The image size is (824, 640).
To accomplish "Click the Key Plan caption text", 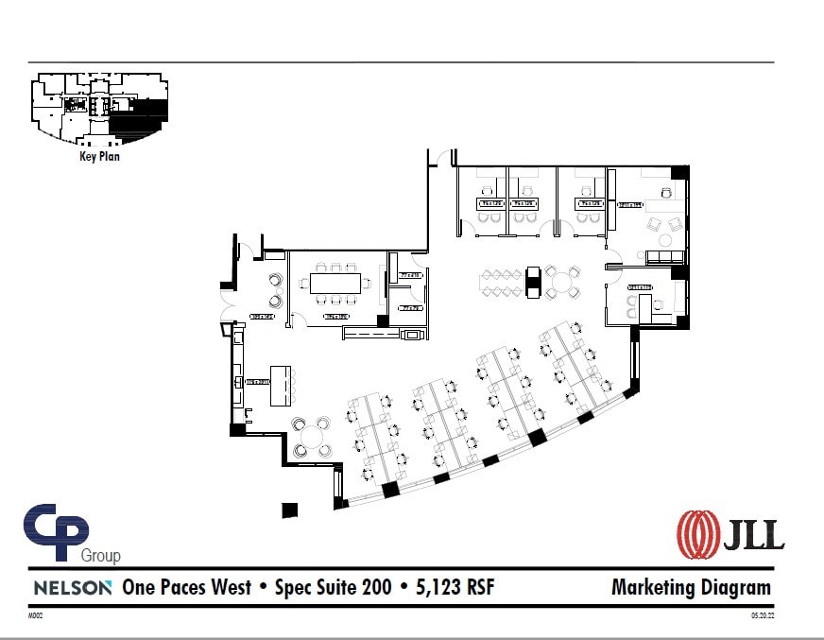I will point(99,157).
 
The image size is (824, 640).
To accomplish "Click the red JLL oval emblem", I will point(695,533).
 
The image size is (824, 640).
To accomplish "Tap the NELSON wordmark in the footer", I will point(73,588).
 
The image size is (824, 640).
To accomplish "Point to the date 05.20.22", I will point(763,615).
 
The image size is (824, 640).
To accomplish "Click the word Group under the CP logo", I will point(100,556).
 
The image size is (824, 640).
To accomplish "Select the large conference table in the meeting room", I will point(335,283).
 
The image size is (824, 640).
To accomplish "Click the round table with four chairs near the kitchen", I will point(311,437).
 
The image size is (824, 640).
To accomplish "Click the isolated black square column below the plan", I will point(290,510).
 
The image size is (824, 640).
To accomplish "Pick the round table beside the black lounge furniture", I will point(562,281).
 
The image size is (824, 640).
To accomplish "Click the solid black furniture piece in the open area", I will point(533,281).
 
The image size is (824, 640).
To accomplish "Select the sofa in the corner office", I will point(664,257).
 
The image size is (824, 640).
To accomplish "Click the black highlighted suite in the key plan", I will point(140,118).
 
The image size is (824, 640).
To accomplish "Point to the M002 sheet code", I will point(36,615).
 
